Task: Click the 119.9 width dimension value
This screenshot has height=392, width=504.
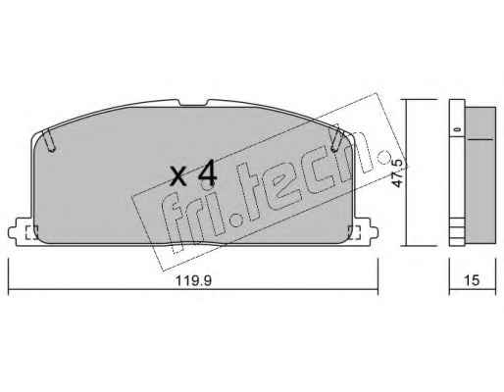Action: (193, 280)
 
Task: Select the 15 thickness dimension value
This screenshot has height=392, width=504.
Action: (472, 280)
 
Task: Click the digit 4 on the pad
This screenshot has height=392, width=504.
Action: (208, 173)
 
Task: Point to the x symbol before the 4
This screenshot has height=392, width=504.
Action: (179, 176)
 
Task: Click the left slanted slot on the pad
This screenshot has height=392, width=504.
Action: (50, 140)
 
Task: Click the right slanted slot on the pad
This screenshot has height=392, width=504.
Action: (336, 138)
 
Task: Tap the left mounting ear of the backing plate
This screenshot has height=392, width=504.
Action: (20, 232)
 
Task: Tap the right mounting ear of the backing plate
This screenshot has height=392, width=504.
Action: (366, 232)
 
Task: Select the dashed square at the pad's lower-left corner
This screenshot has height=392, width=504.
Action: (31, 232)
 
